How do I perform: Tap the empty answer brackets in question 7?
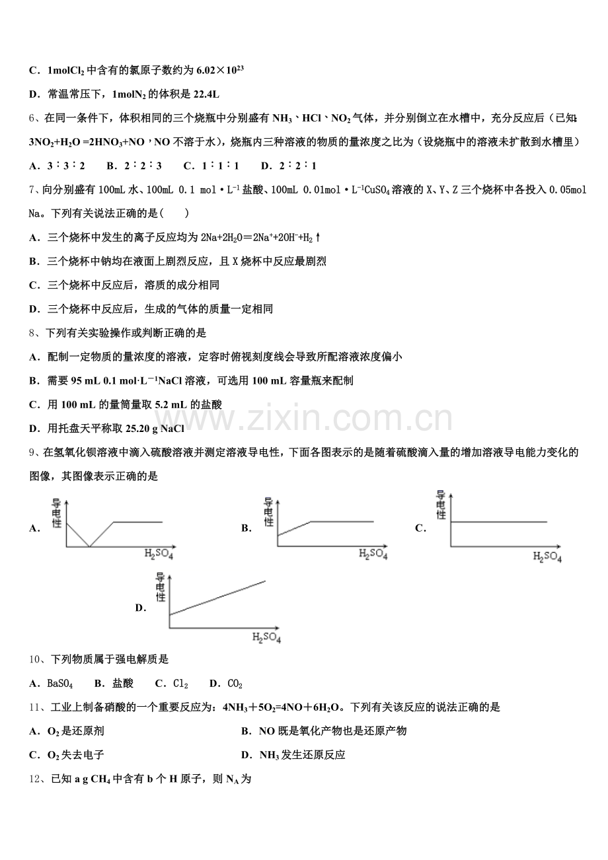[179, 213]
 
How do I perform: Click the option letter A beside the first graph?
[34, 528]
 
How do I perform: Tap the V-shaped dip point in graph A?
[90, 547]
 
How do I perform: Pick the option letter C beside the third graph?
[420, 528]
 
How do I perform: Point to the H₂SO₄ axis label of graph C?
[547, 557]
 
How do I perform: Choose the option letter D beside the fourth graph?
[140, 608]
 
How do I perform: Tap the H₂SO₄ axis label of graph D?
[267, 639]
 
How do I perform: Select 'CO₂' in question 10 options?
[235, 684]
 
